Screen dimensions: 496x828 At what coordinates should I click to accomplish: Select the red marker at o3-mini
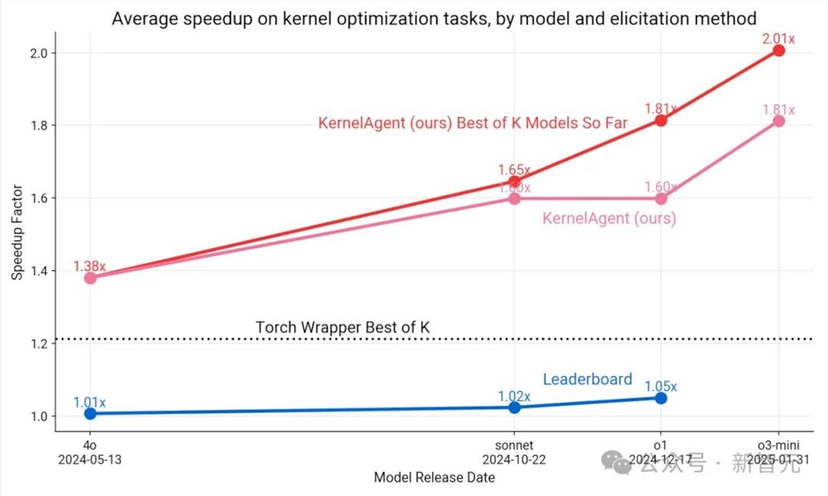click(x=778, y=51)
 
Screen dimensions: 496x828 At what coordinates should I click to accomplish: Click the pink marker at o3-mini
click(x=778, y=121)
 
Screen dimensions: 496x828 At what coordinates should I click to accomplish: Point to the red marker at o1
click(x=661, y=120)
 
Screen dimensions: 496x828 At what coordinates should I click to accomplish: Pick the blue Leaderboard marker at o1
click(x=661, y=398)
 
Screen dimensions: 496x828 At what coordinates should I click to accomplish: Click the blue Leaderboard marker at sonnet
click(x=514, y=407)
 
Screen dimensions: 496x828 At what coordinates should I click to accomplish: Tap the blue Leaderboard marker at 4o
click(x=89, y=412)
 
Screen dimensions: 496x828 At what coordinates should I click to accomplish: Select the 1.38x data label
click(x=89, y=266)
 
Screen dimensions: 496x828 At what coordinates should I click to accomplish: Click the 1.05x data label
click(x=661, y=386)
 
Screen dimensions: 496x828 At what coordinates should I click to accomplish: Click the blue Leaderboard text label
click(x=587, y=379)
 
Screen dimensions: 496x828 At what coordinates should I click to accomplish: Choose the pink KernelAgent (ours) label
click(x=609, y=219)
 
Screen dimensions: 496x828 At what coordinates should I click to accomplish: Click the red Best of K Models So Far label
click(x=473, y=123)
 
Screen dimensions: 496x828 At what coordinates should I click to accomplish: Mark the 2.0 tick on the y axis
click(x=37, y=53)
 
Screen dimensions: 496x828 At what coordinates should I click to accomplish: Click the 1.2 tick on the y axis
click(x=37, y=344)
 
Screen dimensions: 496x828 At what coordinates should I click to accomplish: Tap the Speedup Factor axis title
click(x=17, y=234)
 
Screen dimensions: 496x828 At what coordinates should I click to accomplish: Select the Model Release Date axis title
click(x=434, y=478)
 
